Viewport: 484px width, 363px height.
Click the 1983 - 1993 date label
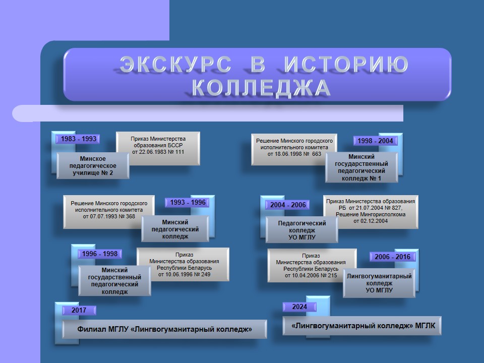coord(78,139)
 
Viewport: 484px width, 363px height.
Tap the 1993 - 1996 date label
coord(188,203)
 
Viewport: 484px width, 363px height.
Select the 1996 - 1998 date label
coord(100,254)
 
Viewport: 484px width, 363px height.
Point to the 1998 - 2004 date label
coord(375,141)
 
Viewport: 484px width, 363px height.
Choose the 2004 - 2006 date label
coord(288,205)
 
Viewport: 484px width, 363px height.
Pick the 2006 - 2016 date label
coord(392,257)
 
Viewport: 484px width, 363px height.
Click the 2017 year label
coord(79,310)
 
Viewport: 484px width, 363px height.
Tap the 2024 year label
coord(299,307)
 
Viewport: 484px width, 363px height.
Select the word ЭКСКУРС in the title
coord(175,65)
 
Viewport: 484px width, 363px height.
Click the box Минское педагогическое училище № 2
coord(93,166)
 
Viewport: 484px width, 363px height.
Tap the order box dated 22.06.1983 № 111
coord(158,148)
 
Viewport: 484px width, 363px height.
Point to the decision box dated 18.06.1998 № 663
coord(294,149)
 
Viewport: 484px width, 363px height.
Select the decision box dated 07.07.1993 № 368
coord(109,212)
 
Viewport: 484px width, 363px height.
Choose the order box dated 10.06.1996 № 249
coord(183,264)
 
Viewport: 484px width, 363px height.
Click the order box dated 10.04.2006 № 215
coord(312,266)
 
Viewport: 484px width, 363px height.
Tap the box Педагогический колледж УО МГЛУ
coord(302,230)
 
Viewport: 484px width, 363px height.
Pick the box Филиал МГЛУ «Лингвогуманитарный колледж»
coord(164,329)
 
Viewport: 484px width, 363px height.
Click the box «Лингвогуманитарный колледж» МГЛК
coord(362,326)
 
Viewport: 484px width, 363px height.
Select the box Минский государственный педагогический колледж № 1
coord(361,167)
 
